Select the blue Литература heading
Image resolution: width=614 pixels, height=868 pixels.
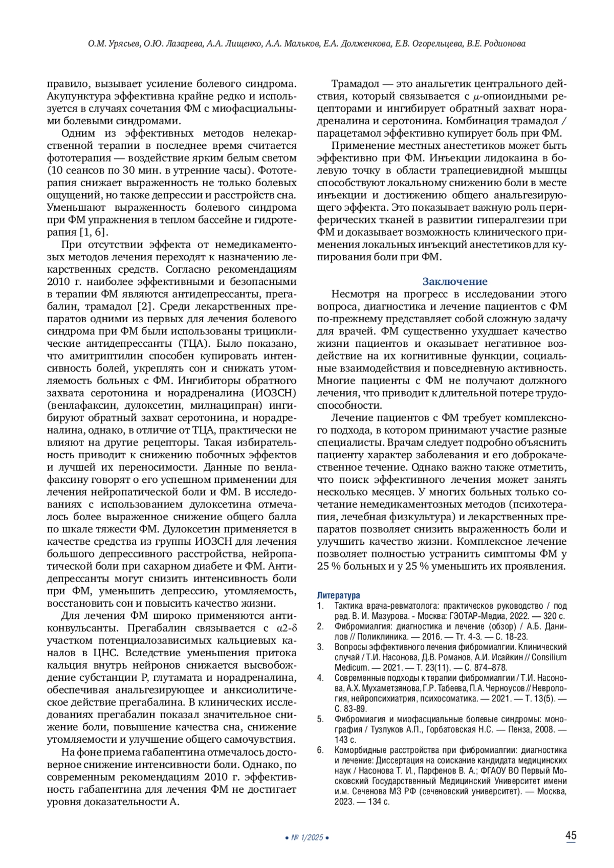point(338,595)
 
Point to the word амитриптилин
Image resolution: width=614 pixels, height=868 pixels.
point(105,355)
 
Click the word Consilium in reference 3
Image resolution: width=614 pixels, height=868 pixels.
point(549,657)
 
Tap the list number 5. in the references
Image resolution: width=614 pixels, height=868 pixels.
point(320,719)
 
